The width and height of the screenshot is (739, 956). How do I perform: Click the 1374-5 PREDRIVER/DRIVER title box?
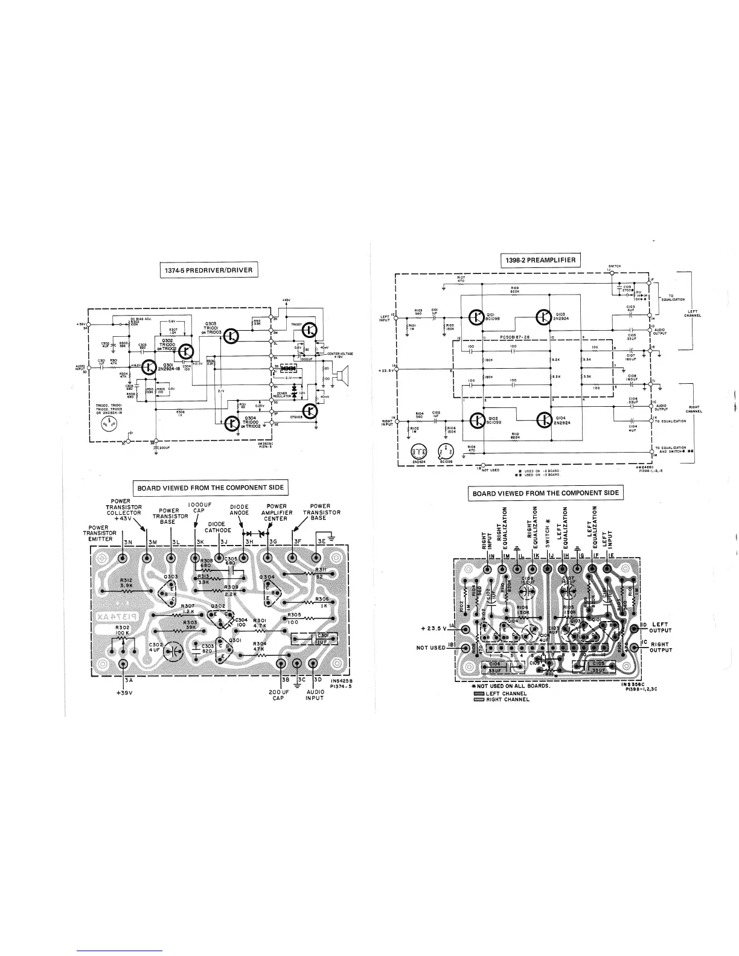tap(209, 269)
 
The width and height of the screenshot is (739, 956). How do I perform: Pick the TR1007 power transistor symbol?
tap(309, 330)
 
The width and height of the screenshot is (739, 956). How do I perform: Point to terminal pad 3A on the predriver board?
tap(124, 664)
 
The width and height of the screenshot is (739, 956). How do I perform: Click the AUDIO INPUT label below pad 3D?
tap(315, 695)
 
